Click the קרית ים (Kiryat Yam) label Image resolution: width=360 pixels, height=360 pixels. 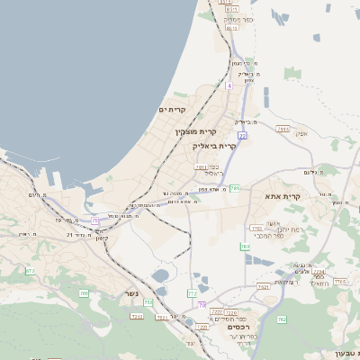point(172,111)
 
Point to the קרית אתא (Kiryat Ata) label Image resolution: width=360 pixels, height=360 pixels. point(282,195)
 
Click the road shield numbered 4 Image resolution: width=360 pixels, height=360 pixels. point(229,85)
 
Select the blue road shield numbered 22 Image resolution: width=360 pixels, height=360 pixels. point(242,135)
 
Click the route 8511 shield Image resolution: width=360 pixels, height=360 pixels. point(232,29)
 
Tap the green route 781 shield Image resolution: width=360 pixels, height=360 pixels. point(235,188)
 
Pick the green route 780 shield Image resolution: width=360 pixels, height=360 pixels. point(245,246)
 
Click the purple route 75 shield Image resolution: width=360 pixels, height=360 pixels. point(95,220)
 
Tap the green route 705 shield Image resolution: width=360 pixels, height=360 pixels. point(84,292)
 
